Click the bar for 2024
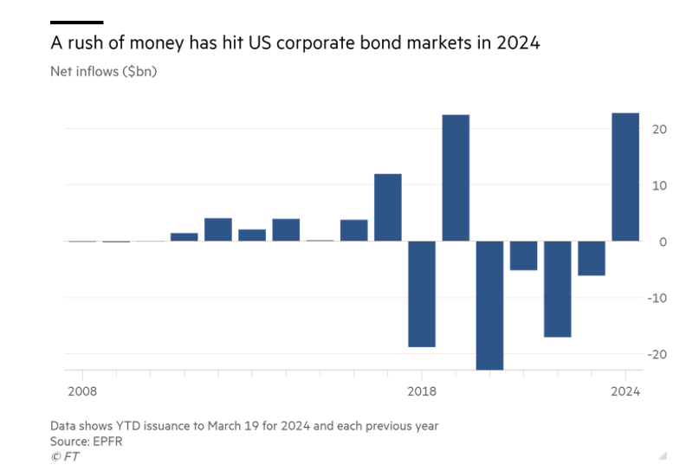click(x=625, y=177)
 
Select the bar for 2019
click(x=456, y=177)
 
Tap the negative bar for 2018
click(x=422, y=294)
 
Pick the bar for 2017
click(x=388, y=207)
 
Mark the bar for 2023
click(x=592, y=258)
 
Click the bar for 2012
click(x=218, y=229)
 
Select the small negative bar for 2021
click(x=523, y=255)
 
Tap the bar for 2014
click(x=286, y=229)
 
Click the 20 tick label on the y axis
click(x=659, y=129)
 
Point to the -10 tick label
click(x=657, y=298)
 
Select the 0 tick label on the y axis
click(x=663, y=242)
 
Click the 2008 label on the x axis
click(x=82, y=391)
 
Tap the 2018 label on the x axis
click(x=422, y=391)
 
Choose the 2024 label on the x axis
click(x=625, y=391)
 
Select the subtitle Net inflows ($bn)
click(x=104, y=71)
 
